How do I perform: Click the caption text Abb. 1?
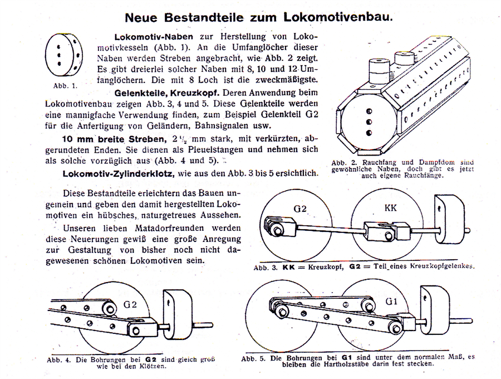[x=65, y=86]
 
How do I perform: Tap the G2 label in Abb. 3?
[x=300, y=209]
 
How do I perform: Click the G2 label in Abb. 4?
[x=129, y=304]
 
